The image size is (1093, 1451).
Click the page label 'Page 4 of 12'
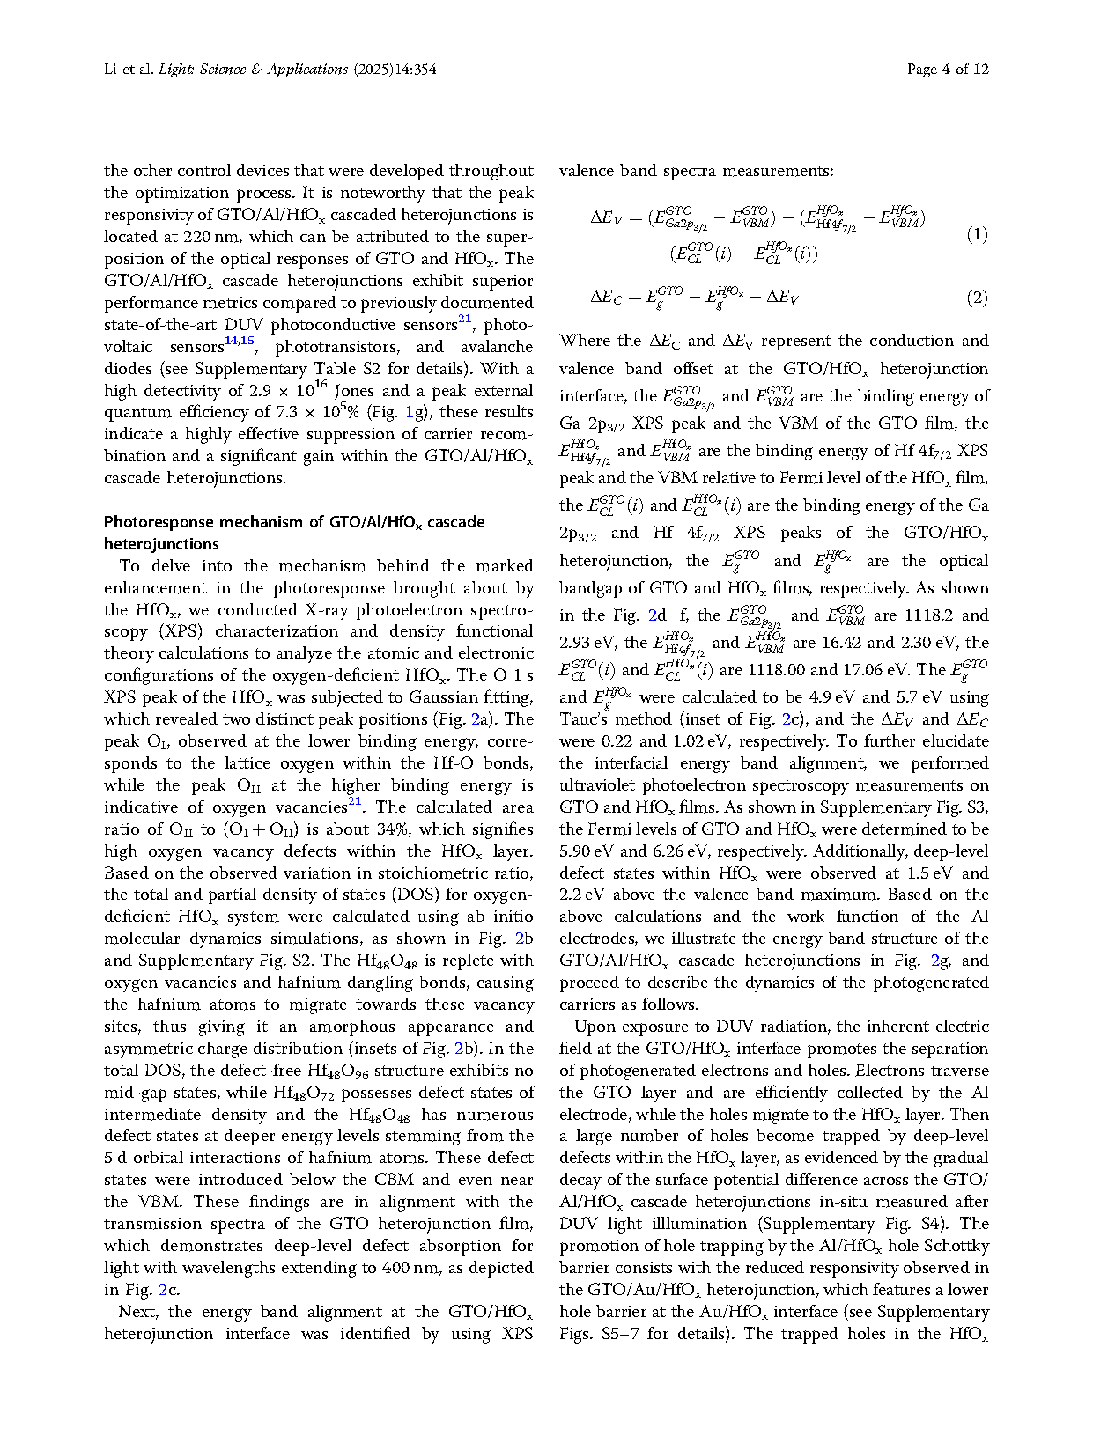[x=948, y=69]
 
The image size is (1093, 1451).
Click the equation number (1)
[x=977, y=234]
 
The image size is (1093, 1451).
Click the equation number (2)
[x=977, y=298]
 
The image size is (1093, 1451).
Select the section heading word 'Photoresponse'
[x=159, y=522]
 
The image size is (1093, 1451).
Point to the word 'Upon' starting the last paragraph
[x=592, y=1027]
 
